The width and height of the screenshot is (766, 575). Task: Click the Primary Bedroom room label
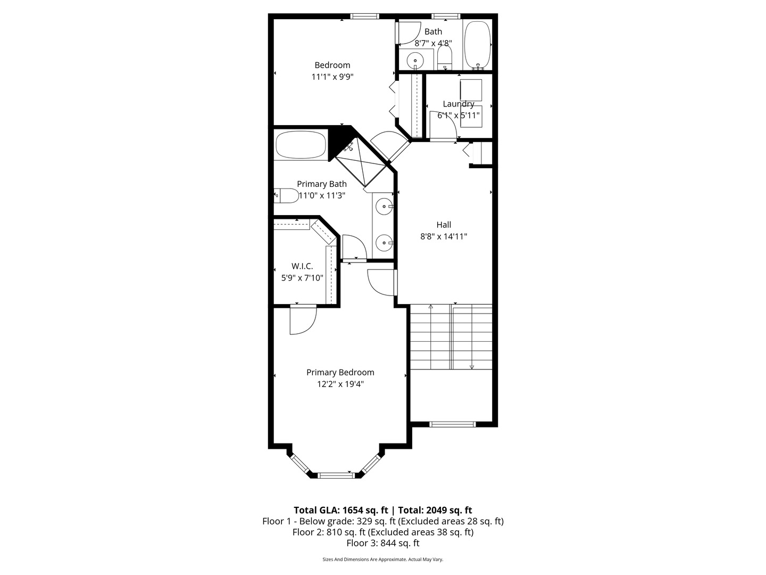340,373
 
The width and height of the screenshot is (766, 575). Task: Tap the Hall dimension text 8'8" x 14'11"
444,236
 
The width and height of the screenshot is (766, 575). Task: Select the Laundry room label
458,104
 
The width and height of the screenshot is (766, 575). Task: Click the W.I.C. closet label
302,266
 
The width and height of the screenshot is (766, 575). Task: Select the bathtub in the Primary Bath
301,145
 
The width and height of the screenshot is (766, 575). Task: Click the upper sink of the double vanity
384,206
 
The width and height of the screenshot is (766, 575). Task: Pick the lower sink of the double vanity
384,243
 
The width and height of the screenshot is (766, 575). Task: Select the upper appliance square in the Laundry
471,89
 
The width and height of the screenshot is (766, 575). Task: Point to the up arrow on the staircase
430,307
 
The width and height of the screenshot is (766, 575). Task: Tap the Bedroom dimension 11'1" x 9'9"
332,77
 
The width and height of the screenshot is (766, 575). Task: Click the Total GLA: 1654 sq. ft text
340,510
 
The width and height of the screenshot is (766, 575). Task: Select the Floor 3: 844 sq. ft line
382,543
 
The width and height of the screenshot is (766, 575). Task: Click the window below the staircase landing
452,424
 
